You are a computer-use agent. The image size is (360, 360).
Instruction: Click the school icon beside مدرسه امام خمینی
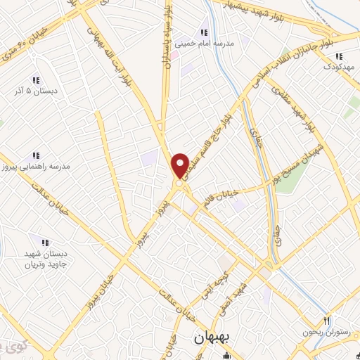tap(203, 32)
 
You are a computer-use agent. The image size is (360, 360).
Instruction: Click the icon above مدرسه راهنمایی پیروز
tap(36, 155)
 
